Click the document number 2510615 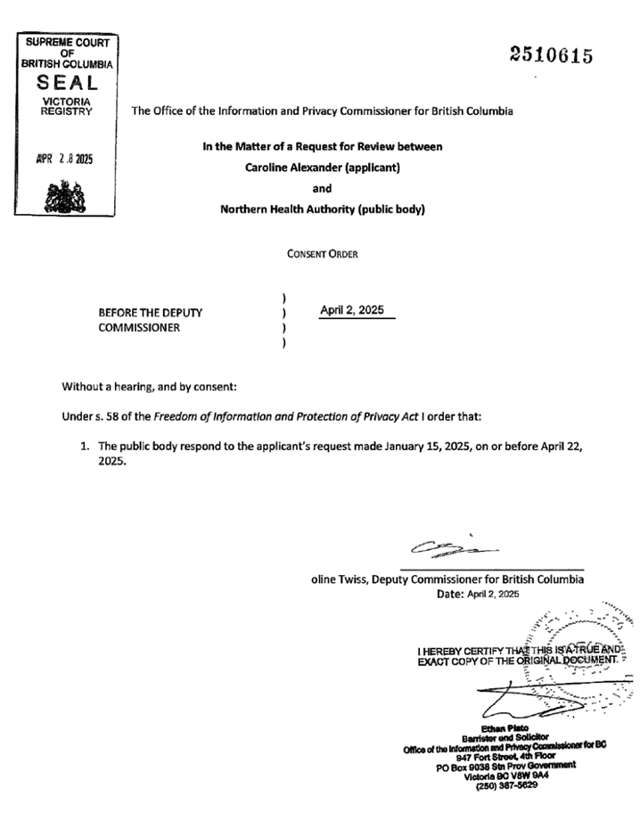[x=551, y=56]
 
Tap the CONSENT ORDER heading [x=322, y=254]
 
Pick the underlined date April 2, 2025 [x=351, y=309]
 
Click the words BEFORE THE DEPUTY [x=150, y=313]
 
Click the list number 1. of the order [x=86, y=446]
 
